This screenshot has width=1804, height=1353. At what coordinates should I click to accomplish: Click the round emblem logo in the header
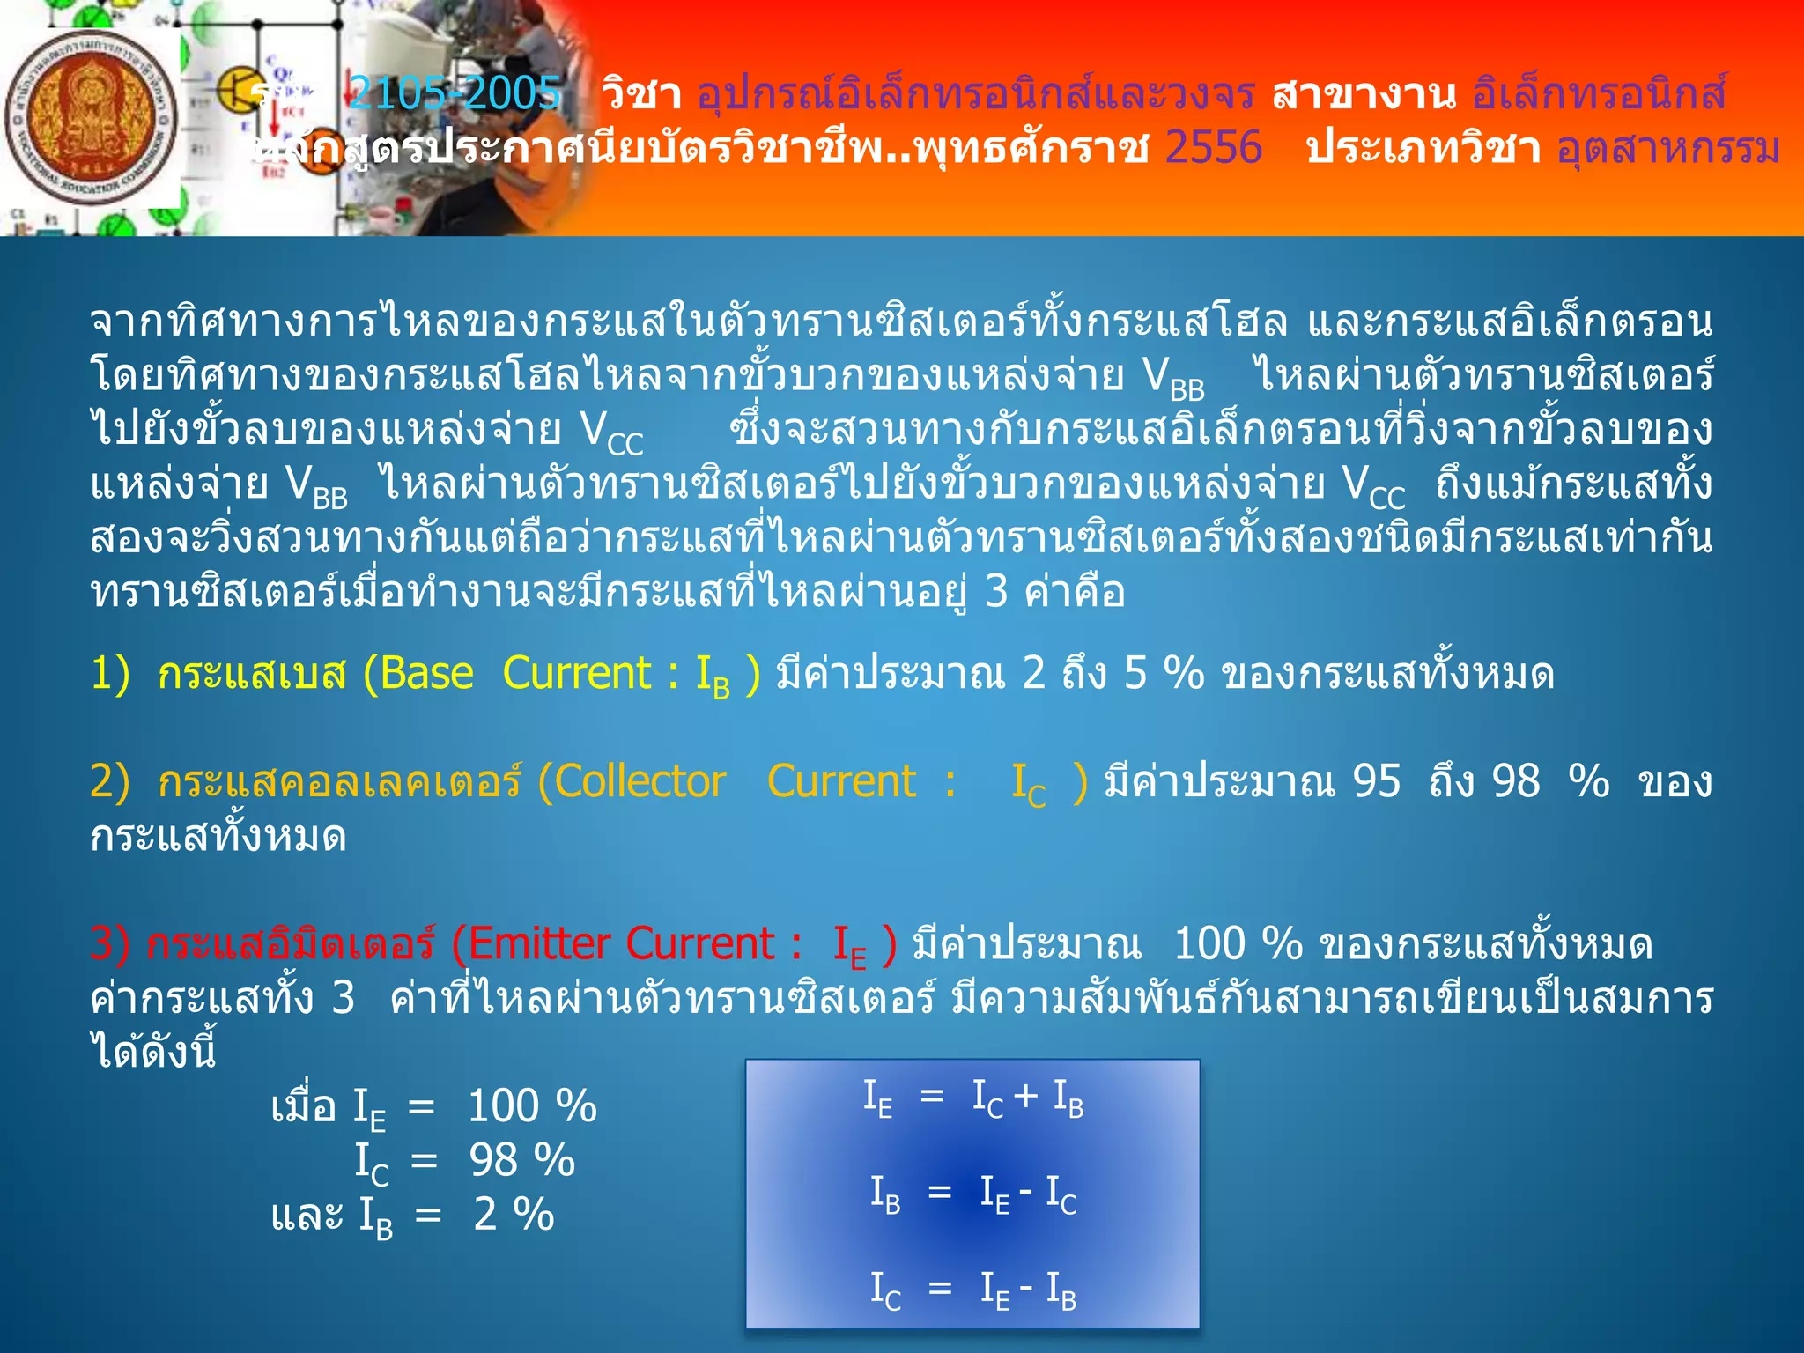(91, 118)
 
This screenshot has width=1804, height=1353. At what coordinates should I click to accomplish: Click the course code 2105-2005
(455, 93)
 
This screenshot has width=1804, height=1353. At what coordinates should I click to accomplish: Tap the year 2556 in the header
(1213, 147)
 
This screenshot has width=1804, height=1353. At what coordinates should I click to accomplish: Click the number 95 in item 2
(1376, 781)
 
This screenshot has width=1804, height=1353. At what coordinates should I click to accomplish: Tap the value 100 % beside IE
(532, 1106)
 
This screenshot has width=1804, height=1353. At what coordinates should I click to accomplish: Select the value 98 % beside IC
(521, 1160)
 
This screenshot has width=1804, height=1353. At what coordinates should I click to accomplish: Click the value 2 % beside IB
(514, 1215)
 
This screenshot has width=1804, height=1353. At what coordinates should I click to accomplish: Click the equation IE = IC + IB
(972, 1099)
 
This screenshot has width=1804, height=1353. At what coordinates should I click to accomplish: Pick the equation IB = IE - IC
(972, 1194)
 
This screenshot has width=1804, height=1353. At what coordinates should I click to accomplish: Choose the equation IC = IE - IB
(972, 1290)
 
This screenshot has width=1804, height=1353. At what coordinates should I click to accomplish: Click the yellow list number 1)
(110, 674)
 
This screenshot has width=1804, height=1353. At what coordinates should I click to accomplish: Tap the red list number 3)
(110, 944)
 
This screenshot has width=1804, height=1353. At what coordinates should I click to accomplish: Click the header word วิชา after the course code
(640, 93)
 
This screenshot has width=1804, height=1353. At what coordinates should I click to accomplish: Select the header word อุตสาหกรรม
(1667, 147)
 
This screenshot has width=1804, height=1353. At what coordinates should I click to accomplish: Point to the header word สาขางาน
(1364, 93)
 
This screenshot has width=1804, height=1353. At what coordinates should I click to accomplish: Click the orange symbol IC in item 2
(1028, 784)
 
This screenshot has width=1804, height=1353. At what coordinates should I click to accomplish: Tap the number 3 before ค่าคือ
(996, 591)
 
